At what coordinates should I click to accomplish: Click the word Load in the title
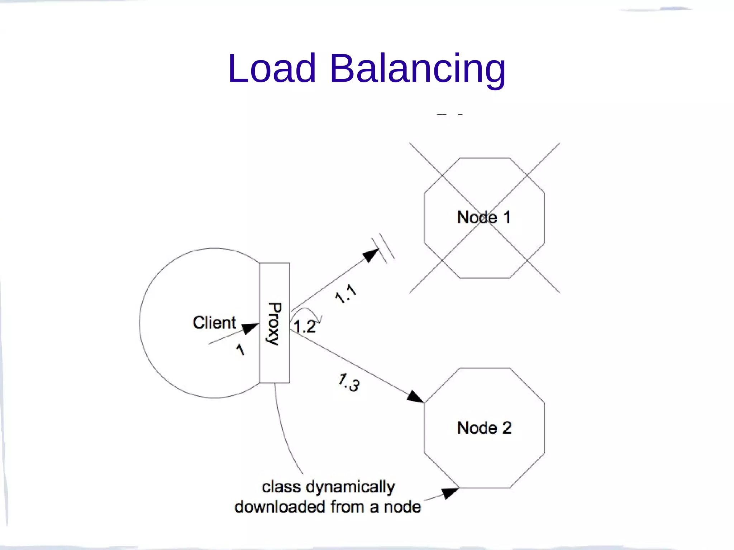[x=272, y=68]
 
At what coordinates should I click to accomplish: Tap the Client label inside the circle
[x=214, y=323]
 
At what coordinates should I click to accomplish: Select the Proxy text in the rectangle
[x=275, y=323]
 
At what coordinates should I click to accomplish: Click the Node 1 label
[x=484, y=217]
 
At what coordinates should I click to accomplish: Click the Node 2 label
[x=484, y=428]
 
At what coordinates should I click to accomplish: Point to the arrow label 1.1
[x=346, y=294]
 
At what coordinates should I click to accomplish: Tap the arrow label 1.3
[x=349, y=383]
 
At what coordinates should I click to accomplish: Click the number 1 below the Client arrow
[x=240, y=349]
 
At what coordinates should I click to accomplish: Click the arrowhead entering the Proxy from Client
[x=251, y=328]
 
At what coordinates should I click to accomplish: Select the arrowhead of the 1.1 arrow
[x=371, y=255]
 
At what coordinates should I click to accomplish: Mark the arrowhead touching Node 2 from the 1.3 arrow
[x=416, y=397]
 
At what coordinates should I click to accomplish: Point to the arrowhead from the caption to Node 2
[x=449, y=493]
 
